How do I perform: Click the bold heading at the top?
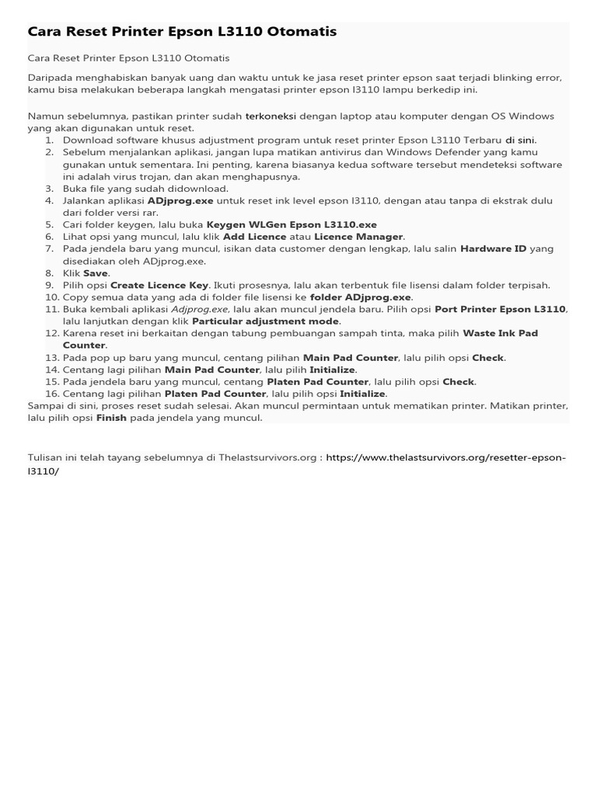pos(182,32)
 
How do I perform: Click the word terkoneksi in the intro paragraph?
pos(271,116)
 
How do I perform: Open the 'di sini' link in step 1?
pos(520,140)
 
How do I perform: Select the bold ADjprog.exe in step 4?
pos(180,200)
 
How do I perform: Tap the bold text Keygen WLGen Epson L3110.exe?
pos(291,224)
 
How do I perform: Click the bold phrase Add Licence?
pos(254,236)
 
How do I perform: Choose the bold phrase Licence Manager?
pos(358,236)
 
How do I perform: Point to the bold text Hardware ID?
pos(493,248)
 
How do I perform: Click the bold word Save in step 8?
pos(96,273)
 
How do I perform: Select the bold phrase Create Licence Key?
pos(159,285)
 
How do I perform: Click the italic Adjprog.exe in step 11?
pos(199,309)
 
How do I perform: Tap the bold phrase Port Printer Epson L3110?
pos(500,309)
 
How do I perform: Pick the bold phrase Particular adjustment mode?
pos(266,321)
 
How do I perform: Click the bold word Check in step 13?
pos(488,357)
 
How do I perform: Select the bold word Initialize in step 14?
pos(332,370)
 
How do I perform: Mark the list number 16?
pos(51,394)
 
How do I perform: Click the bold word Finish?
pos(111,418)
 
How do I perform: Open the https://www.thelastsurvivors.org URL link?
pos(445,458)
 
